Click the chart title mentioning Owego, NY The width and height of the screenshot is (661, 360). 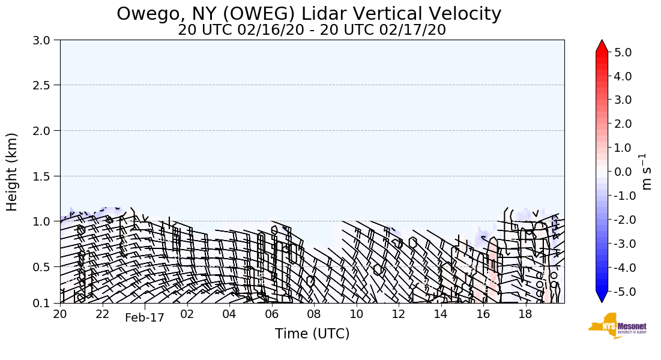[x=309, y=14]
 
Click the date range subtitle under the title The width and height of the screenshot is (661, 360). [x=312, y=30]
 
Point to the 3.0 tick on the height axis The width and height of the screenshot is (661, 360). [x=44, y=40]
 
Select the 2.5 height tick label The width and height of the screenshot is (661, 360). [x=44, y=85]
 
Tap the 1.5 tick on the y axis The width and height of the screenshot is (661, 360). [x=44, y=176]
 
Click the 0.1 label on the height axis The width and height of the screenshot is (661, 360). [x=44, y=304]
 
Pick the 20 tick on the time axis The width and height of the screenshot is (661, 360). [x=60, y=314]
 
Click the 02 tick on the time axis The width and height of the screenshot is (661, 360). [x=187, y=314]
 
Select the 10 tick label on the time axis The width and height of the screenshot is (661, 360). [x=357, y=314]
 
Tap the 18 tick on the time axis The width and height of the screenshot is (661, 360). [x=526, y=314]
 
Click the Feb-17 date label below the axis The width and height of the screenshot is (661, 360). [x=144, y=318]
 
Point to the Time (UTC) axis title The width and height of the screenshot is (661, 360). [x=312, y=334]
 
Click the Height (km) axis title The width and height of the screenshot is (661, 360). [x=12, y=172]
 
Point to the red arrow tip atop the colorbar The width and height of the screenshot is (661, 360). [x=602, y=44]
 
